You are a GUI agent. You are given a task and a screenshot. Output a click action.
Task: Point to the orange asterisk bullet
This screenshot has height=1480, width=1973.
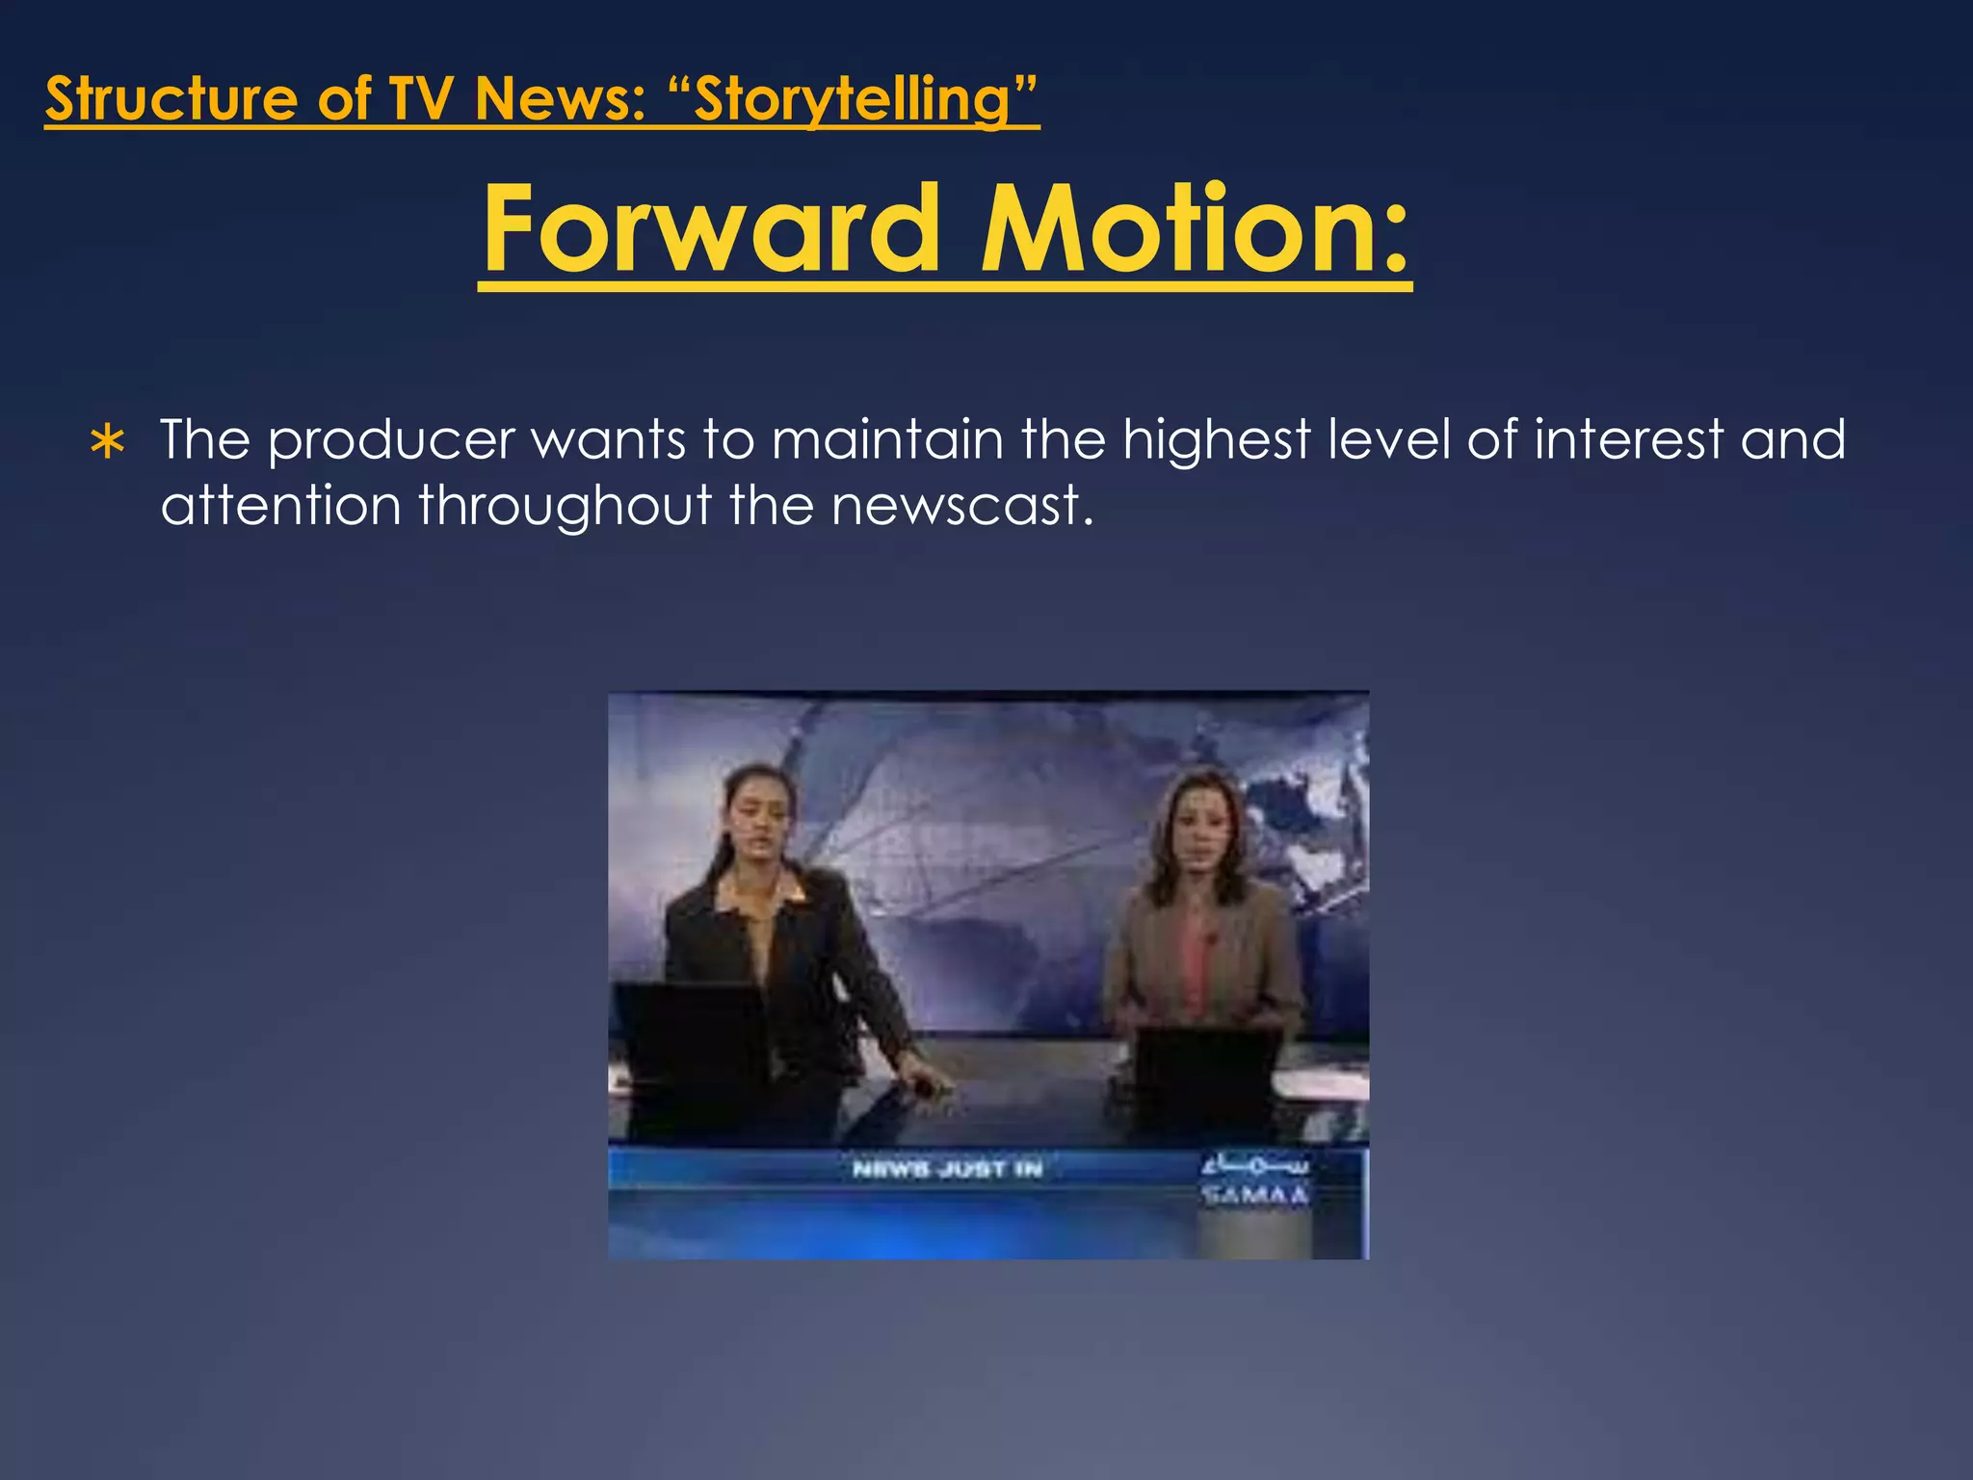pyautogui.click(x=107, y=443)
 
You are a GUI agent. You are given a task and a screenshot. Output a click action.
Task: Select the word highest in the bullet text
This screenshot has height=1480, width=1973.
pyautogui.click(x=1216, y=441)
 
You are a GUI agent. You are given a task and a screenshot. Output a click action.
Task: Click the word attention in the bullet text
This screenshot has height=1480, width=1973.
pyautogui.click(x=279, y=505)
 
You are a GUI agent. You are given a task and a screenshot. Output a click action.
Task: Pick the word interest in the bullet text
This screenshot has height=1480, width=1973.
pyautogui.click(x=1628, y=439)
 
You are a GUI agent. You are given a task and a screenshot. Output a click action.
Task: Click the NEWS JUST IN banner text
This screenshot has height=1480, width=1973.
pyautogui.click(x=947, y=1169)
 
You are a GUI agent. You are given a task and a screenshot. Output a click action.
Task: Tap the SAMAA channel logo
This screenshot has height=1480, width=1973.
pyautogui.click(x=1254, y=1181)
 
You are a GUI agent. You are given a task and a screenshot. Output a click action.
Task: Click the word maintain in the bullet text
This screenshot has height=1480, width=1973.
pyautogui.click(x=887, y=439)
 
